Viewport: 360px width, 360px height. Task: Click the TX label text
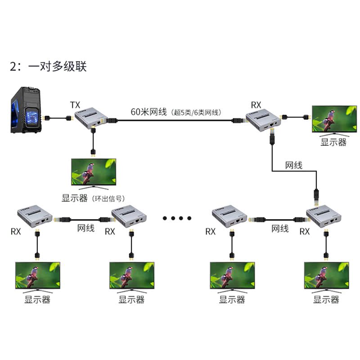click(75, 105)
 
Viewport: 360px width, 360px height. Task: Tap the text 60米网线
click(149, 111)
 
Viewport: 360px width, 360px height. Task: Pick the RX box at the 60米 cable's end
click(261, 119)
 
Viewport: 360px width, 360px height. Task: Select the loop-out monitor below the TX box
click(94, 172)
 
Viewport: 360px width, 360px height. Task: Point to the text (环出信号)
click(107, 198)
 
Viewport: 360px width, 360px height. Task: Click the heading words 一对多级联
click(57, 67)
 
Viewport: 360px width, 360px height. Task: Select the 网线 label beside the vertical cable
click(294, 165)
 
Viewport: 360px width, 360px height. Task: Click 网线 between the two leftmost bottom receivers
click(86, 228)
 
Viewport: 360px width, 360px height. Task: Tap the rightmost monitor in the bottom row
click(326, 275)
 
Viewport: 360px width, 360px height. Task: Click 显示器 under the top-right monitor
click(333, 142)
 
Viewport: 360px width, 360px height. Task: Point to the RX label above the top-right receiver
click(256, 105)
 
